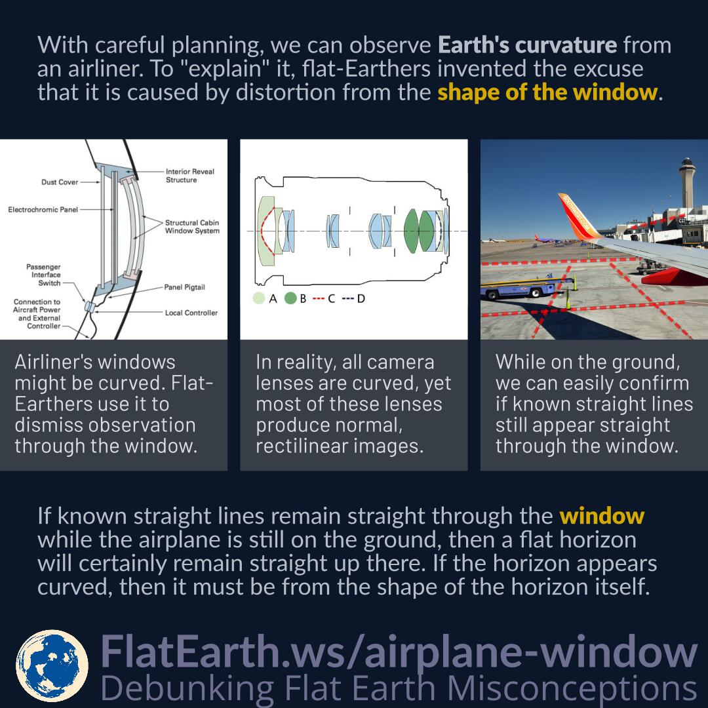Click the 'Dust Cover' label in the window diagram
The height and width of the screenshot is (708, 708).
pyautogui.click(x=60, y=182)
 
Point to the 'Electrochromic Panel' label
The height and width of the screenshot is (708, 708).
pyautogui.click(x=43, y=210)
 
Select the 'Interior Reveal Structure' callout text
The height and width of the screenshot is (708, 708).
pyautogui.click(x=190, y=176)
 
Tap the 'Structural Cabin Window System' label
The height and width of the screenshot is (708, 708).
pyautogui.click(x=193, y=227)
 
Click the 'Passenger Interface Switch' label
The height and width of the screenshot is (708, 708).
pyautogui.click(x=43, y=275)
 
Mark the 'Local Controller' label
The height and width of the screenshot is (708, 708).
pyautogui.click(x=191, y=313)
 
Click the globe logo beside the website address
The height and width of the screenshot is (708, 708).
pyautogui.click(x=52, y=665)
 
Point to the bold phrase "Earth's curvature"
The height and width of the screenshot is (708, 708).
pyautogui.click(x=528, y=46)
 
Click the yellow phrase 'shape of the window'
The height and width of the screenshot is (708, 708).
pyautogui.click(x=547, y=92)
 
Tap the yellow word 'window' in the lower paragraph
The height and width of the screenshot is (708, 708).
pyautogui.click(x=602, y=517)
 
